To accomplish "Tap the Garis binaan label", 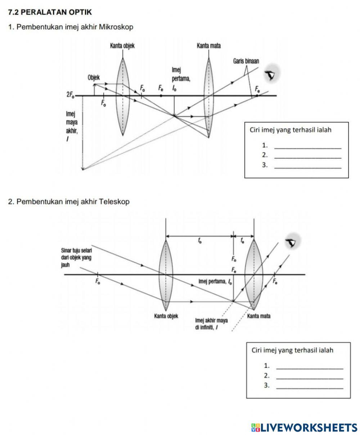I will pyautogui.click(x=246, y=61).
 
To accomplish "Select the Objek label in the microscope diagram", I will pyautogui.click(x=94, y=77).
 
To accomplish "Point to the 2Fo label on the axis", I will pyautogui.click(x=70, y=95).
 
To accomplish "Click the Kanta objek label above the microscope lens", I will pyautogui.click(x=122, y=46).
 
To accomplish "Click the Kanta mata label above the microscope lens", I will pyautogui.click(x=209, y=46).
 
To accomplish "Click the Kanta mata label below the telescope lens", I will pyautogui.click(x=259, y=316).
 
